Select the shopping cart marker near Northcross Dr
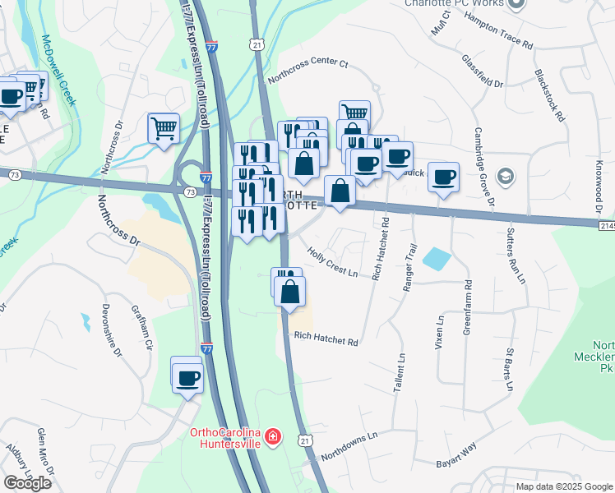(164, 127)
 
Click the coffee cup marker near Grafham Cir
(187, 377)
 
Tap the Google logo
(27, 483)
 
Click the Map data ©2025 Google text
(564, 486)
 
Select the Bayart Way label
(456, 453)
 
